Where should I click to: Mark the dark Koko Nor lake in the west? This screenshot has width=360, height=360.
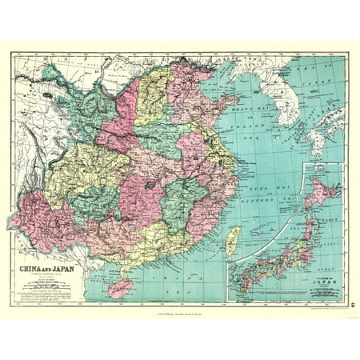[54, 94]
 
